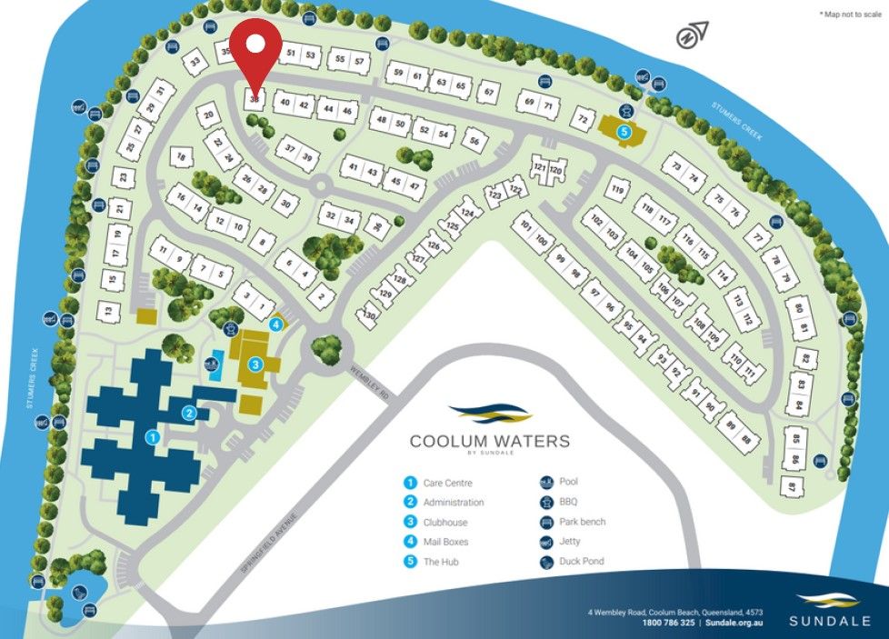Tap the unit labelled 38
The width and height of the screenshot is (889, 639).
255,99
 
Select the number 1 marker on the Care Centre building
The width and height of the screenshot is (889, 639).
153,437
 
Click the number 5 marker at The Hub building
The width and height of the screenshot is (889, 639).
624,132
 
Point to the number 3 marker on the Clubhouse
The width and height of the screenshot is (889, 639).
256,364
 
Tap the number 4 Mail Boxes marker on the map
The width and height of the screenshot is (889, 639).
276,324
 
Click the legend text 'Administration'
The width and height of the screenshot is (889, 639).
453,503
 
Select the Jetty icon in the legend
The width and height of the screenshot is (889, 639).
546,542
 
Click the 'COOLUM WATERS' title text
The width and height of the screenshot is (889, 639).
489,442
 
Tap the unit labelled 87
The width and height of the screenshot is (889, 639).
791,487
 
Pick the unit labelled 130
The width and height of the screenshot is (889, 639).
369,315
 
